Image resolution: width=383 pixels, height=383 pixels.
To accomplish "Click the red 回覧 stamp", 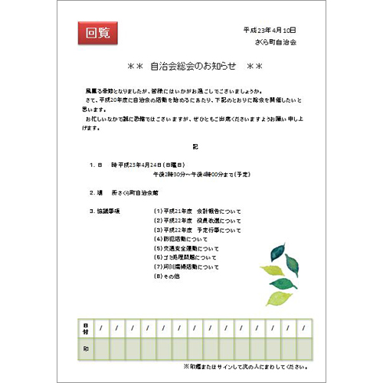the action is click(98, 32).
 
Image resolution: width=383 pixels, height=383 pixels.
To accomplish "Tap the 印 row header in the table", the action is click(85, 349).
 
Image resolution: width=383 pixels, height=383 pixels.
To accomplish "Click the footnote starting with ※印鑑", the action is click(239, 366).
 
